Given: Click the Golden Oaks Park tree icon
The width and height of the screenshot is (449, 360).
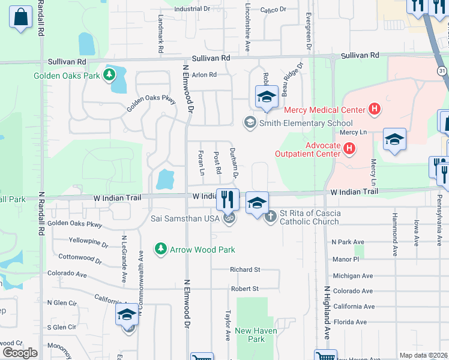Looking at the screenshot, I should click(x=109, y=74).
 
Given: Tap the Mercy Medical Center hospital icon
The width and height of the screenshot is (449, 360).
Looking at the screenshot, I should click(x=375, y=109).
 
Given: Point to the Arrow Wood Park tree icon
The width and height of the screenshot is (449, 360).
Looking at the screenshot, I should click(x=160, y=248).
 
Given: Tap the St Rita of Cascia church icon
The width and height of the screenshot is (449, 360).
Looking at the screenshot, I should click(x=271, y=216).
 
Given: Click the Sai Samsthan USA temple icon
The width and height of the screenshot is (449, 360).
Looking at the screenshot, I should click(x=228, y=219).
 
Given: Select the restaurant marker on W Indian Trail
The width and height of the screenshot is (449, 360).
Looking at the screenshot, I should click(x=228, y=199).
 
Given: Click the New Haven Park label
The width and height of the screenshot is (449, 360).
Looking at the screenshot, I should click(x=250, y=335).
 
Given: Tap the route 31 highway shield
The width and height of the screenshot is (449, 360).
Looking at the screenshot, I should click(x=442, y=71).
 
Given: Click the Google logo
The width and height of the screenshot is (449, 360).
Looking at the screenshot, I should click(x=20, y=352).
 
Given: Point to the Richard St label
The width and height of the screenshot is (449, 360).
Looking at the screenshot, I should click(x=245, y=270).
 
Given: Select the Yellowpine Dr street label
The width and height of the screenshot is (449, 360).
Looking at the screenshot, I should click(x=88, y=245).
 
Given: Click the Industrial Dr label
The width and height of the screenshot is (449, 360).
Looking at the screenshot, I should click(x=191, y=10).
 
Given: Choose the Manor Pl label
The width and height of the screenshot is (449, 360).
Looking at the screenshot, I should click(x=345, y=259).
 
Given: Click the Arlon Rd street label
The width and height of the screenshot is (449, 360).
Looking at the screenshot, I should click(x=203, y=75).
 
